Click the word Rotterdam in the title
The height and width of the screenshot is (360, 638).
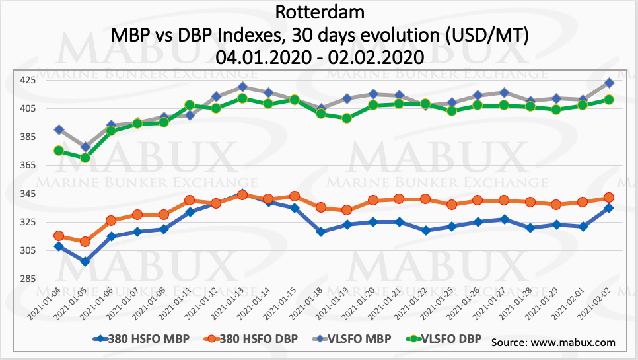point(319,12)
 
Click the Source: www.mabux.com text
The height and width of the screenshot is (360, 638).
point(553,342)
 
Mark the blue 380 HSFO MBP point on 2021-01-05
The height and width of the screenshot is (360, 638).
point(85,261)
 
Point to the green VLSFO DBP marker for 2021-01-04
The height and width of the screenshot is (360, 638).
point(59,151)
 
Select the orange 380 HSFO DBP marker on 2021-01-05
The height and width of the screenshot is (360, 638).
point(85,242)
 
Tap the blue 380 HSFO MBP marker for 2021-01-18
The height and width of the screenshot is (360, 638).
point(321,232)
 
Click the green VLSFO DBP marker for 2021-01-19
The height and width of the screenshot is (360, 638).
point(347,118)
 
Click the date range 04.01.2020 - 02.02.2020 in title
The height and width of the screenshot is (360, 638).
point(319,57)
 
